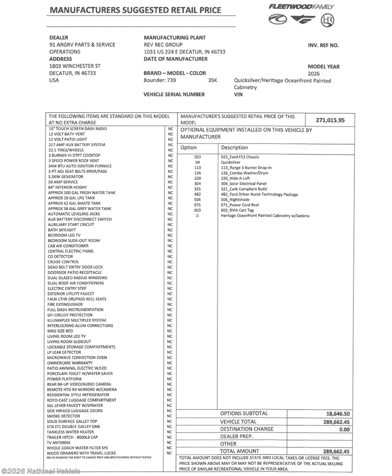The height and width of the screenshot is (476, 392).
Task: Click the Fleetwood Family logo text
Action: coord(301,7)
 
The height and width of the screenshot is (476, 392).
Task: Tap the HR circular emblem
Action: coord(327,20)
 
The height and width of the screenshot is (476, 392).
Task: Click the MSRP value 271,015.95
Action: coord(330,120)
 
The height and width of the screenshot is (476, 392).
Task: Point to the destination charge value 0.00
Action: coord(344,430)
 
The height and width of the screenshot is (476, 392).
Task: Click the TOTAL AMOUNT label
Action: coord(240,451)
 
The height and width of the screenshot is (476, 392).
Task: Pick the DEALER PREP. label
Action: coord(236,436)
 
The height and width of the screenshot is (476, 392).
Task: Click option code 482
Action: coord(197,194)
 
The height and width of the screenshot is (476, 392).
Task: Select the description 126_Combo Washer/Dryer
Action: coord(245,173)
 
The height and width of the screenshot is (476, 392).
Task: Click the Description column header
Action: coord(235,147)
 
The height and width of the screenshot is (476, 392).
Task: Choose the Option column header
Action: coord(189,147)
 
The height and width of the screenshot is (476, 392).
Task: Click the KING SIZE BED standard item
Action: coord(60,331)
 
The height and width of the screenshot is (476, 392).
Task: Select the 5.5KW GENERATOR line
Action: coord(65,177)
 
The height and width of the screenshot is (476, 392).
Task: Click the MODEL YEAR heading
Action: coord(323,66)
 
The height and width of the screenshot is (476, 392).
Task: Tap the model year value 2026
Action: coord(314,73)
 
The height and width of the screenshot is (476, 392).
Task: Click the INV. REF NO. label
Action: coord(323,46)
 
